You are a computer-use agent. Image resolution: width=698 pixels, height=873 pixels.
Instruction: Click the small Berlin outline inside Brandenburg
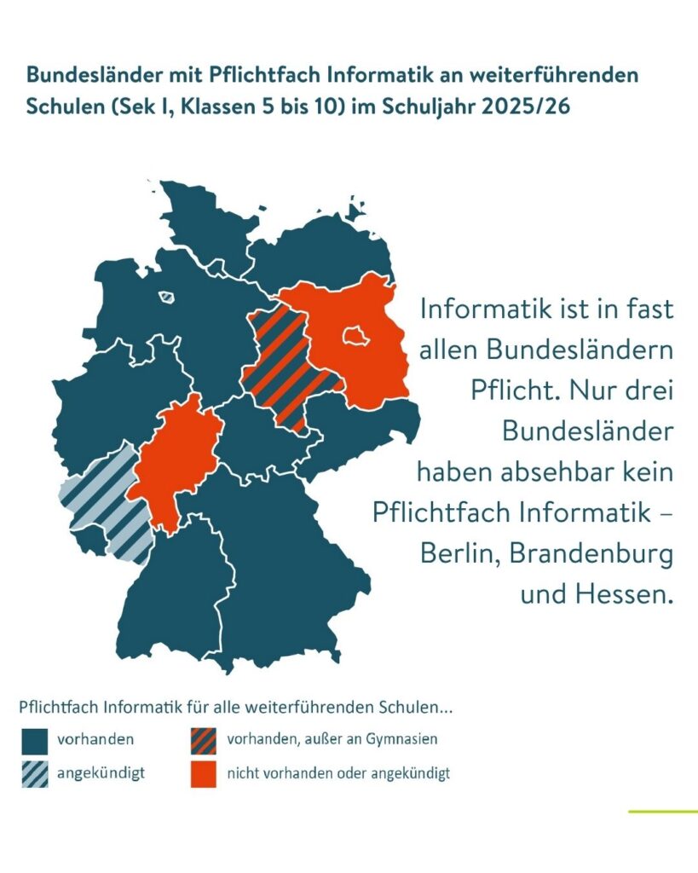(x=355, y=337)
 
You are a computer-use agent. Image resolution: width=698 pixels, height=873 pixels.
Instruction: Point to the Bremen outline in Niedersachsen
(x=167, y=298)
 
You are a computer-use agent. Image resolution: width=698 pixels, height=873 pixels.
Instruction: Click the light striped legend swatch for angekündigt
(x=35, y=773)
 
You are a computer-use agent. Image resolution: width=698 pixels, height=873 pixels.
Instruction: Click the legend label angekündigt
(x=101, y=773)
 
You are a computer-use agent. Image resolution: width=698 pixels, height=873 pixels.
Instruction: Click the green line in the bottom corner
(x=662, y=811)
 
